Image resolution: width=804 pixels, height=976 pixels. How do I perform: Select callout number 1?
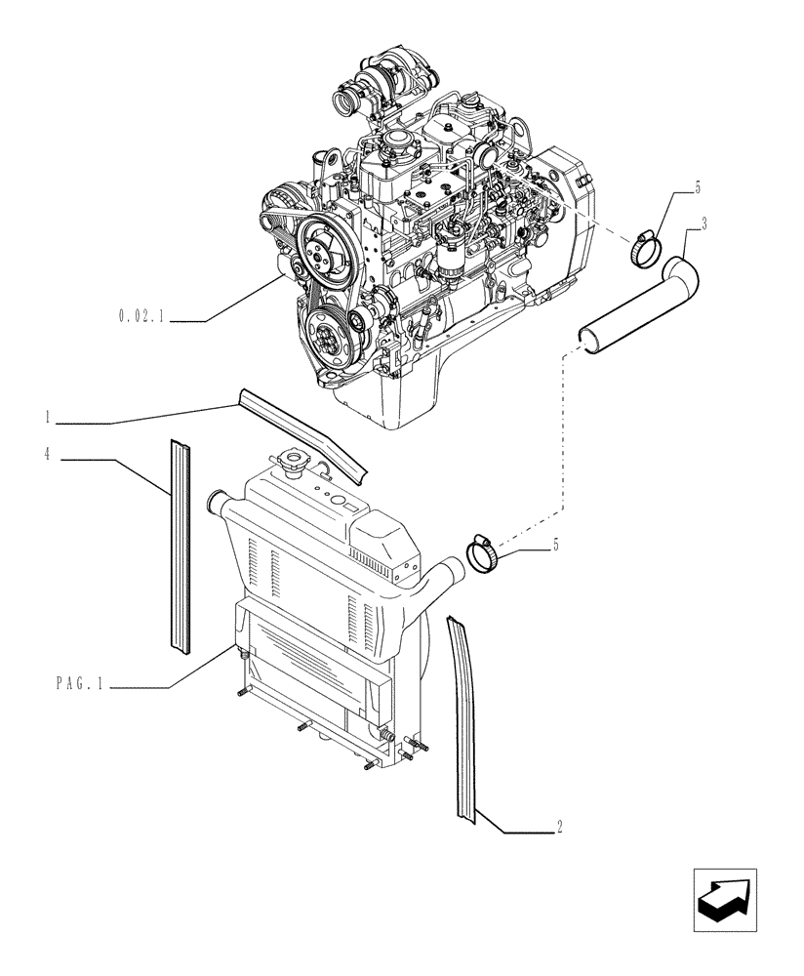[47, 418]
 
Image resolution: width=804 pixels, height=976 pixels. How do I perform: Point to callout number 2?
[558, 829]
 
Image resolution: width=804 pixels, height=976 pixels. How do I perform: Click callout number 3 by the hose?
[704, 224]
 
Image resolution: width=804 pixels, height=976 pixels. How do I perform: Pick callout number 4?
[47, 453]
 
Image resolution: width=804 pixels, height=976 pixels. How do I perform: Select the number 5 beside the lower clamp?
[556, 545]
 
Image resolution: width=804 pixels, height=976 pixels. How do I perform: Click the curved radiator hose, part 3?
[634, 307]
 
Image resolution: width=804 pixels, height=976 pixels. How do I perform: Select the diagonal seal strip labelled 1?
[302, 434]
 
